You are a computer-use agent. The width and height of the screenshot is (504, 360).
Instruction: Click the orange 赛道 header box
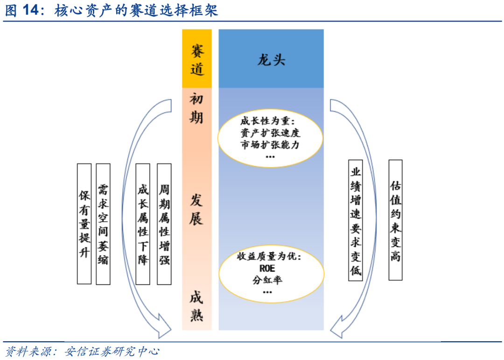(x=197, y=58)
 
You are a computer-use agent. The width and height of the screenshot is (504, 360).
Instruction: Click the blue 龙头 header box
(x=271, y=58)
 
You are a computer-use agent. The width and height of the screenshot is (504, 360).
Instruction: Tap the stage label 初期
(x=196, y=108)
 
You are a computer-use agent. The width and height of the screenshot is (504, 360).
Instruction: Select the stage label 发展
(x=196, y=210)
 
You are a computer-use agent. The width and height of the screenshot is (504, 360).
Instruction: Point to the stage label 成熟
(x=196, y=306)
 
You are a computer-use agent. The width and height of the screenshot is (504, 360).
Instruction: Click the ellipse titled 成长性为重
(x=270, y=138)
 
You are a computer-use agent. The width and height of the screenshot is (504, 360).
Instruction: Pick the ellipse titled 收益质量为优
(x=271, y=274)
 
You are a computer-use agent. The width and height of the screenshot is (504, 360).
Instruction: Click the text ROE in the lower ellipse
(x=267, y=268)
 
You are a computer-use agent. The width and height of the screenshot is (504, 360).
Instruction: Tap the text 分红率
(x=267, y=280)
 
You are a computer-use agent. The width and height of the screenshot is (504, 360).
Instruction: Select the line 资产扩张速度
(x=270, y=133)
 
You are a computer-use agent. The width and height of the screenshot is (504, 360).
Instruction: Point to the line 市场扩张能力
(x=270, y=145)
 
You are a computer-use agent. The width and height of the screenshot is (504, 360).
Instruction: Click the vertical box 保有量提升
(x=84, y=224)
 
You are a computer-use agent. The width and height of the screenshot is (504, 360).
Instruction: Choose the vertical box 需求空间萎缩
(x=103, y=224)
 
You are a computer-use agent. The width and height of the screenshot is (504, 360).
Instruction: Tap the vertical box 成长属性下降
(x=143, y=224)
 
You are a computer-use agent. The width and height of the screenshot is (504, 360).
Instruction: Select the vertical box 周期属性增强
(x=164, y=224)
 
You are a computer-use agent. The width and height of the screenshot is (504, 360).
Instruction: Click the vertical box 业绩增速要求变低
(x=356, y=220)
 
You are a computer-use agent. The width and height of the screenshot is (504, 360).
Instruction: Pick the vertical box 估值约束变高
(x=395, y=220)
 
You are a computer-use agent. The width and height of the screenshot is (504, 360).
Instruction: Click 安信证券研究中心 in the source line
(x=112, y=351)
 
